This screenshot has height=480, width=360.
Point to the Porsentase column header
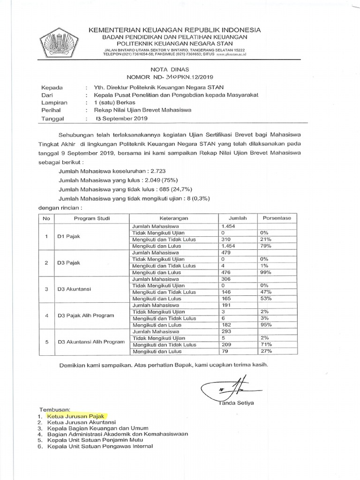point(277,218)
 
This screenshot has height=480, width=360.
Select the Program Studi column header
point(89,218)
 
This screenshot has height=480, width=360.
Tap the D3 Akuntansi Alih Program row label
point(91,342)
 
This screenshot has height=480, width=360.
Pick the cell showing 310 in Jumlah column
point(227,240)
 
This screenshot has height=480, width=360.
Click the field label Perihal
point(51,111)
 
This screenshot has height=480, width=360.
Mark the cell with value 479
point(227,253)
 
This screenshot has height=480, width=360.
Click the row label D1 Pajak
point(68,236)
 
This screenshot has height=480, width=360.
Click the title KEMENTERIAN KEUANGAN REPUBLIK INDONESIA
point(175,30)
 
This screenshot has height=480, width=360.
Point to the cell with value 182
point(227,325)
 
